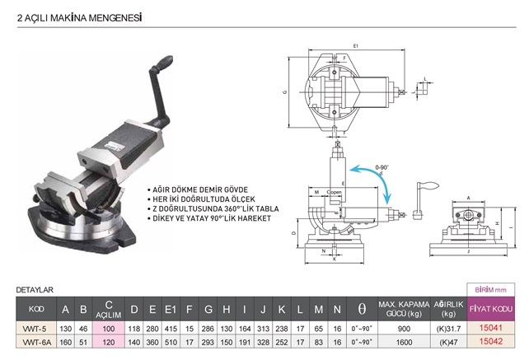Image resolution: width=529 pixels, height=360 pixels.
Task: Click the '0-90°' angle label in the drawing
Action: coord(381,167)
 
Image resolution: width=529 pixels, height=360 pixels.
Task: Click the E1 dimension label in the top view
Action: coord(355,44)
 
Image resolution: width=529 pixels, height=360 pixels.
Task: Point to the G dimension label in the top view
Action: coord(284,93)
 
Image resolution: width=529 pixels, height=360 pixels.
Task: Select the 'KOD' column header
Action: coord(35,310)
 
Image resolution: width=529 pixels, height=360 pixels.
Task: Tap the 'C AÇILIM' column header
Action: coord(108,310)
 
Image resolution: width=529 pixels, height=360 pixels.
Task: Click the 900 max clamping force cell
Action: coord(404,327)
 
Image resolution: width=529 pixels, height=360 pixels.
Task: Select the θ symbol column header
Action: coord(361,310)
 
